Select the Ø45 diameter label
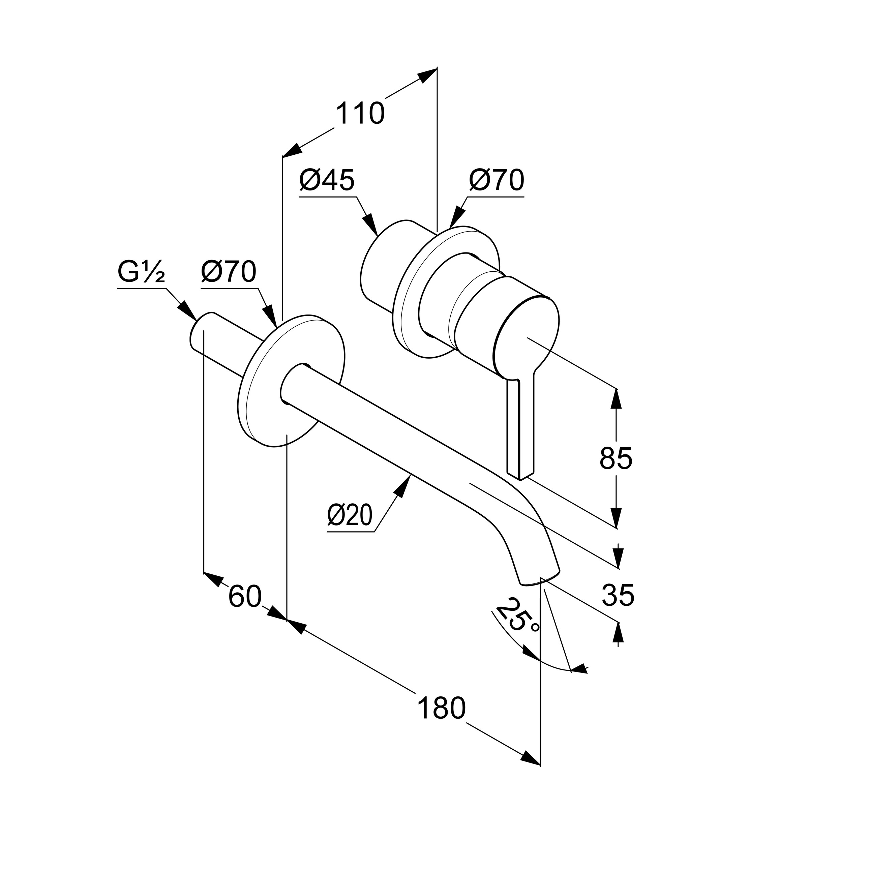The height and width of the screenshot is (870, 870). coord(327,180)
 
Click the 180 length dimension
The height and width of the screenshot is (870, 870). coord(441,708)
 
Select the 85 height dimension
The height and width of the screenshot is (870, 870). coord(616,458)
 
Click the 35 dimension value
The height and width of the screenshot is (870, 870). coord(618,595)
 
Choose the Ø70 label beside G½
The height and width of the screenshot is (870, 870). coord(229,272)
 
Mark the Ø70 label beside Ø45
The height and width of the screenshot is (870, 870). coord(497,180)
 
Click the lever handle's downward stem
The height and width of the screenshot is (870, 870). coord(520,428)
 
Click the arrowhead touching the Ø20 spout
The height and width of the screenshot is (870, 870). coord(405,484)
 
